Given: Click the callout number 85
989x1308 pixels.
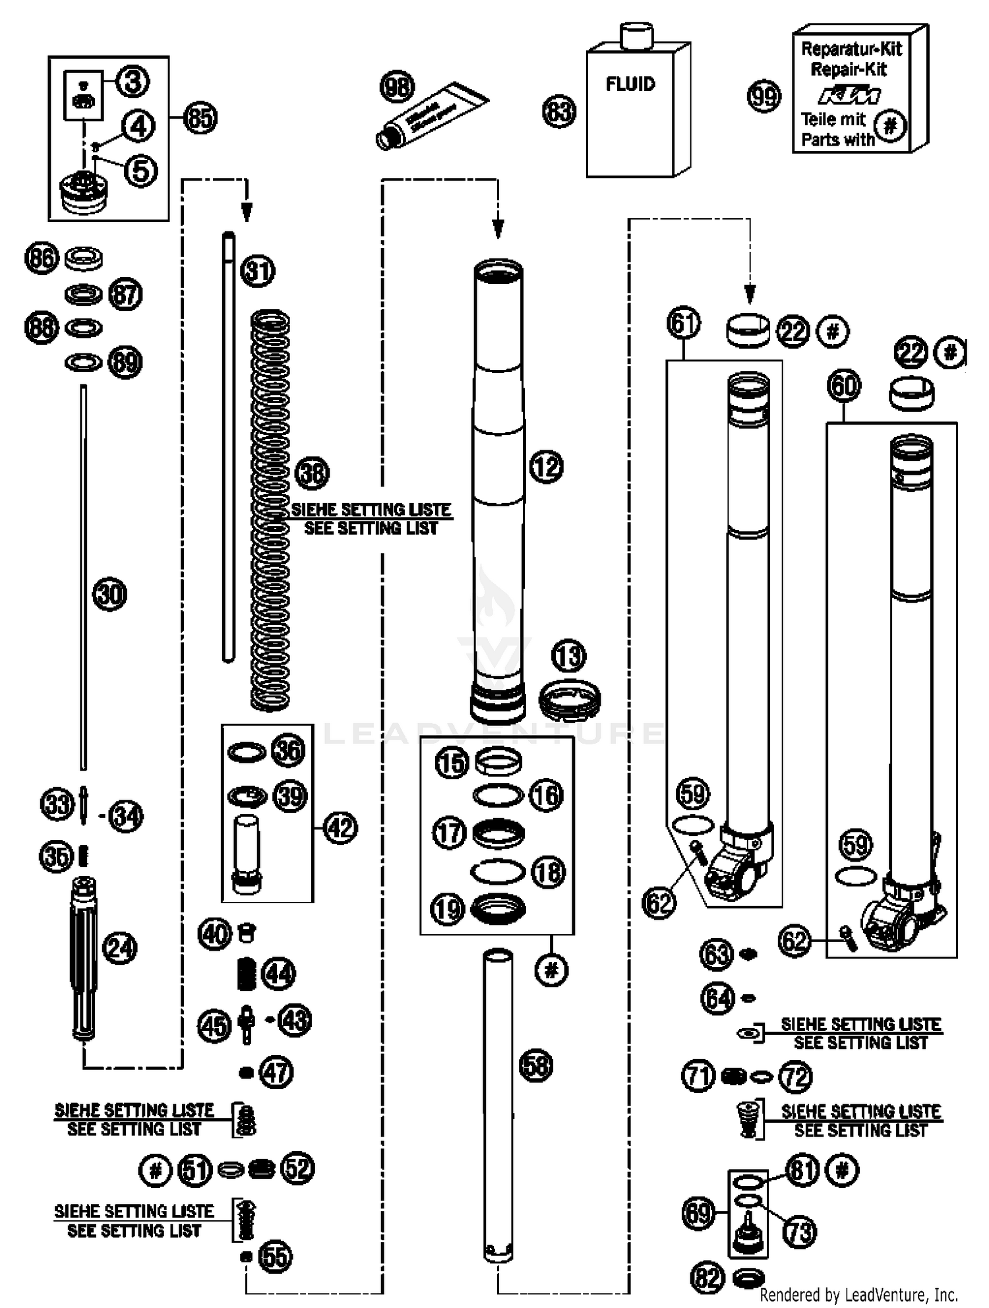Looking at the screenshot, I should coord(200,118).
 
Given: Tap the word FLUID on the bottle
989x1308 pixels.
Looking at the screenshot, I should coord(630,84).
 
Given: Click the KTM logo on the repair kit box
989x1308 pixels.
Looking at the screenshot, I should coord(849,97).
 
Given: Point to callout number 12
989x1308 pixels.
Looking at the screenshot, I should coord(546,467).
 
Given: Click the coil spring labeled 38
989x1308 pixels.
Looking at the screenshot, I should coord(270,511).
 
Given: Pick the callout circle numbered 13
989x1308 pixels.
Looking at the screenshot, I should coord(568,656).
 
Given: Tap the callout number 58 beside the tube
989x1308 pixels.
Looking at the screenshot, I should coord(535,1065).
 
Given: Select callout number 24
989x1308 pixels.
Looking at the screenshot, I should coord(120,949).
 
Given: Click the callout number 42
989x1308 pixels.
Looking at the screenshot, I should coord(340,828).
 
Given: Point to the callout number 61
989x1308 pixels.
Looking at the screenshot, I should coord(684,323).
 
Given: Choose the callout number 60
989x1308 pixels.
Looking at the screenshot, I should coord(844,386).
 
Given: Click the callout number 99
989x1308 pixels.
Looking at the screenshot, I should coord(764,97).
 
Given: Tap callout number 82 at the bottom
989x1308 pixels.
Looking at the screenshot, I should coord(707,1278).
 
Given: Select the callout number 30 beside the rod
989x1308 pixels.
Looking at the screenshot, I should coord(109,595).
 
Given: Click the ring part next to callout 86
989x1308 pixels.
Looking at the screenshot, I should coord(84,258).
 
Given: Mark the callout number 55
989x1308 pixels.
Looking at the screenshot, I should coord(275,1257).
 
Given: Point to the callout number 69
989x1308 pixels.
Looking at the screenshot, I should coord(698,1212).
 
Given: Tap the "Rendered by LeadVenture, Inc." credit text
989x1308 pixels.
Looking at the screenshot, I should coord(858,1294).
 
